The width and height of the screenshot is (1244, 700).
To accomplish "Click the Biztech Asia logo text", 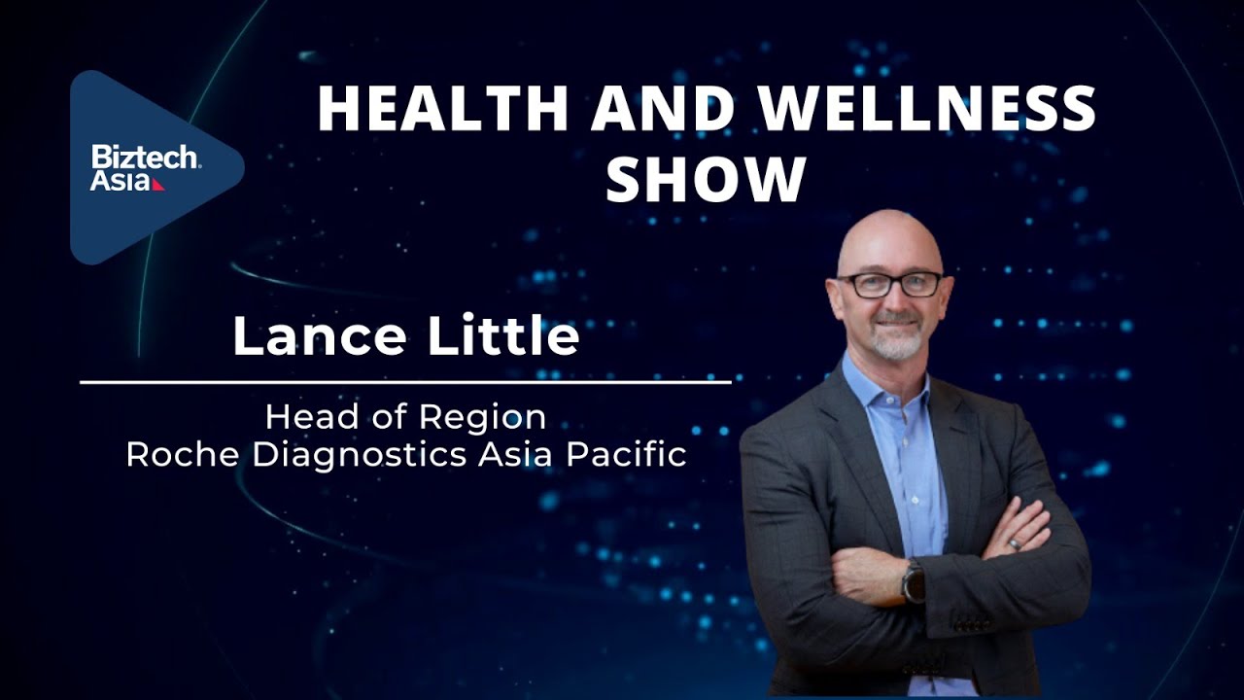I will tap(144, 167).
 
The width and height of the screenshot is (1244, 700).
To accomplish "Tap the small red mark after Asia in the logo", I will tap(158, 184).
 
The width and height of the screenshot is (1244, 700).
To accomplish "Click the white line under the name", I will tap(405, 382).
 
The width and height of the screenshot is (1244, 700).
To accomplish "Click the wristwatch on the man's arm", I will tap(914, 581).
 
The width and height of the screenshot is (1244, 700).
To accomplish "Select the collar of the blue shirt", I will tap(880, 384).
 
